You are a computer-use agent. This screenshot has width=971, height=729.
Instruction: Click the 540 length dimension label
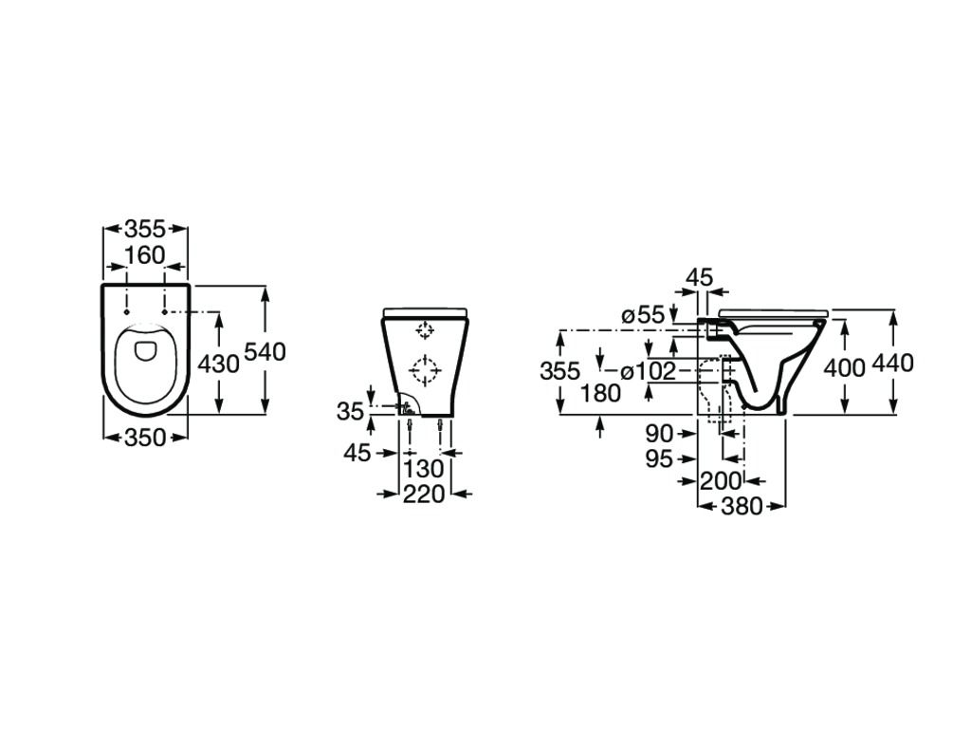(x=266, y=352)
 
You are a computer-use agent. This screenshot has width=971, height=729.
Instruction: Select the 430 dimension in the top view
(x=218, y=364)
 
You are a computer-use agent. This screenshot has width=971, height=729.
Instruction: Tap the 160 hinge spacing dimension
(x=145, y=255)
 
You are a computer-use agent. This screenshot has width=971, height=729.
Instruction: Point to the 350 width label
(x=145, y=439)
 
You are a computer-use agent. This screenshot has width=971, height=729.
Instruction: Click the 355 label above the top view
(x=145, y=230)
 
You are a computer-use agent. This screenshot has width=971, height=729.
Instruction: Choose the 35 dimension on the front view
(x=351, y=411)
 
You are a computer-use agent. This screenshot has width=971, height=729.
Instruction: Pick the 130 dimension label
(x=424, y=469)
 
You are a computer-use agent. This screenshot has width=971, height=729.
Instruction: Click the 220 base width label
(x=424, y=494)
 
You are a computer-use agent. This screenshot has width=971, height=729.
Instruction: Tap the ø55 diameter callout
(x=644, y=315)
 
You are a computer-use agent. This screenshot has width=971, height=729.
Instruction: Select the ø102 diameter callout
(x=648, y=371)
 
